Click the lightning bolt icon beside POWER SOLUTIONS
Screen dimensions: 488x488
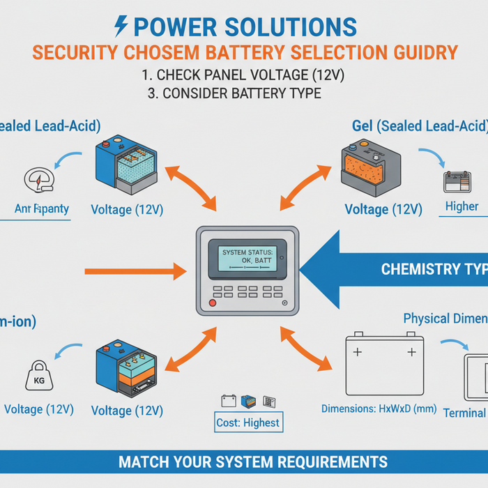pos(120,26)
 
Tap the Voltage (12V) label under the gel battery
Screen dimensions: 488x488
pos(383,209)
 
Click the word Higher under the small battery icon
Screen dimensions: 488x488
pos(462,206)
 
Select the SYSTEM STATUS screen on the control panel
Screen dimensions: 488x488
pos(246,256)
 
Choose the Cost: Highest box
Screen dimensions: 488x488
pos(249,422)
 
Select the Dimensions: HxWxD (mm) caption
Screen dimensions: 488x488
pos(379,409)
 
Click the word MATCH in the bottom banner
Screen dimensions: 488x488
pos(144,462)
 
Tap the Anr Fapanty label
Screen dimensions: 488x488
pos(42,208)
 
